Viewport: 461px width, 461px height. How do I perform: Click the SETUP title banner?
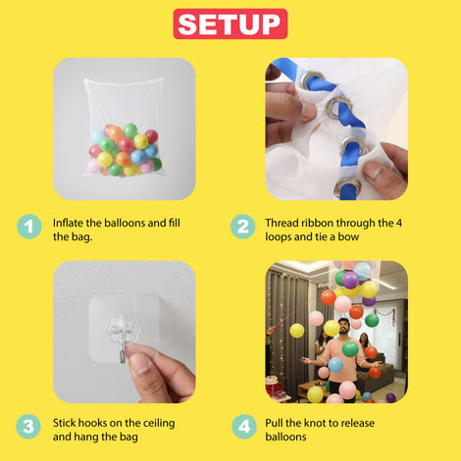230,24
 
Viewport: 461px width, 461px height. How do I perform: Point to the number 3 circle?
29,428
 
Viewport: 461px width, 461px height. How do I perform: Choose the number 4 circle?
242,428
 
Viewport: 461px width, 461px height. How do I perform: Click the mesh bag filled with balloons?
123,128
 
